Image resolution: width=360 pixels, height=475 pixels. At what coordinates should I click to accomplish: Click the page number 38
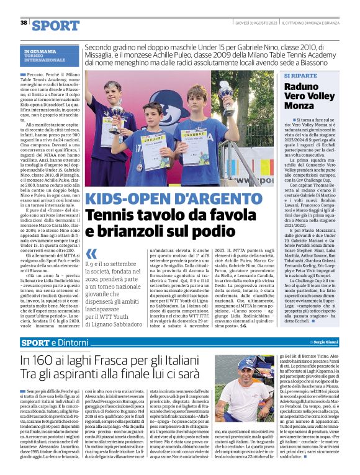pos(24,23)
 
